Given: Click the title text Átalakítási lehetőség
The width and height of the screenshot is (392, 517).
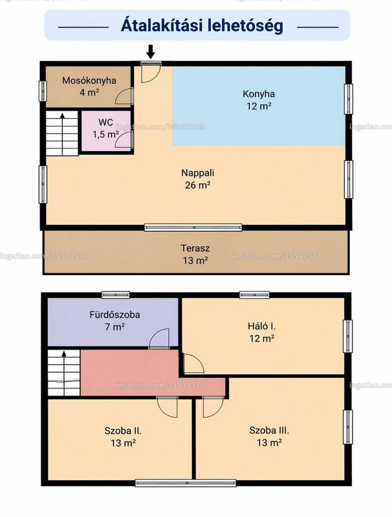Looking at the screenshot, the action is point(202,26).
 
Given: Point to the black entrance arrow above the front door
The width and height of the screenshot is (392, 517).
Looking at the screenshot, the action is point(151,52).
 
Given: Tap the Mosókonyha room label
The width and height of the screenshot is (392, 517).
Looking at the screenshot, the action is point(89,86).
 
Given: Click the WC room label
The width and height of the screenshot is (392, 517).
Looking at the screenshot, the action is point(105,128).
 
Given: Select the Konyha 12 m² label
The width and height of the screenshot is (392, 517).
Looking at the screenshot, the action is point(259,100).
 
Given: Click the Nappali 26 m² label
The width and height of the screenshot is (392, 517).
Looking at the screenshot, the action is point(198,179).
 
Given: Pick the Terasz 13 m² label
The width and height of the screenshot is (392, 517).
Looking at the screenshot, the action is point(195,254).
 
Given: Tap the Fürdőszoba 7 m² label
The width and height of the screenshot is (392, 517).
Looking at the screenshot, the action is point(114,321).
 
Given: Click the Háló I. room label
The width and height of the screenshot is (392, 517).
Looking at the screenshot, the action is point(262,332).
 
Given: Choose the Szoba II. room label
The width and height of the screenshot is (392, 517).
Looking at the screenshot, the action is point(123,437).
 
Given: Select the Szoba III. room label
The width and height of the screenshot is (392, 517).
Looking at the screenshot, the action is point(269,436).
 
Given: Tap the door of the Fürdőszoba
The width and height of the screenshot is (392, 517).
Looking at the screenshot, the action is point(159,338).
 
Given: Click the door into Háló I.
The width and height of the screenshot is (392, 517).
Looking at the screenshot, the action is point(193,363).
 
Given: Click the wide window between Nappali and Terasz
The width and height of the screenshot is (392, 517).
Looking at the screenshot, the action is point(193,227).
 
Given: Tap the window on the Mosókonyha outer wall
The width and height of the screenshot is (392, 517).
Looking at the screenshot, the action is point(43,91).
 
